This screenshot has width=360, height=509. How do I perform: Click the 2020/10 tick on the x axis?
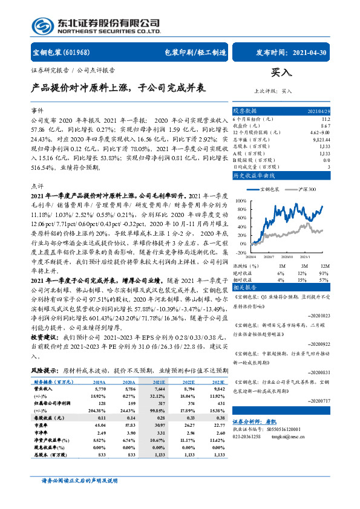[x=292, y=256]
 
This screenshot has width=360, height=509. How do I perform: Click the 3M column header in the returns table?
[x=304, y=265]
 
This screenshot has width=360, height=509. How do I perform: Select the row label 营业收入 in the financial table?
[x=42, y=389]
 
